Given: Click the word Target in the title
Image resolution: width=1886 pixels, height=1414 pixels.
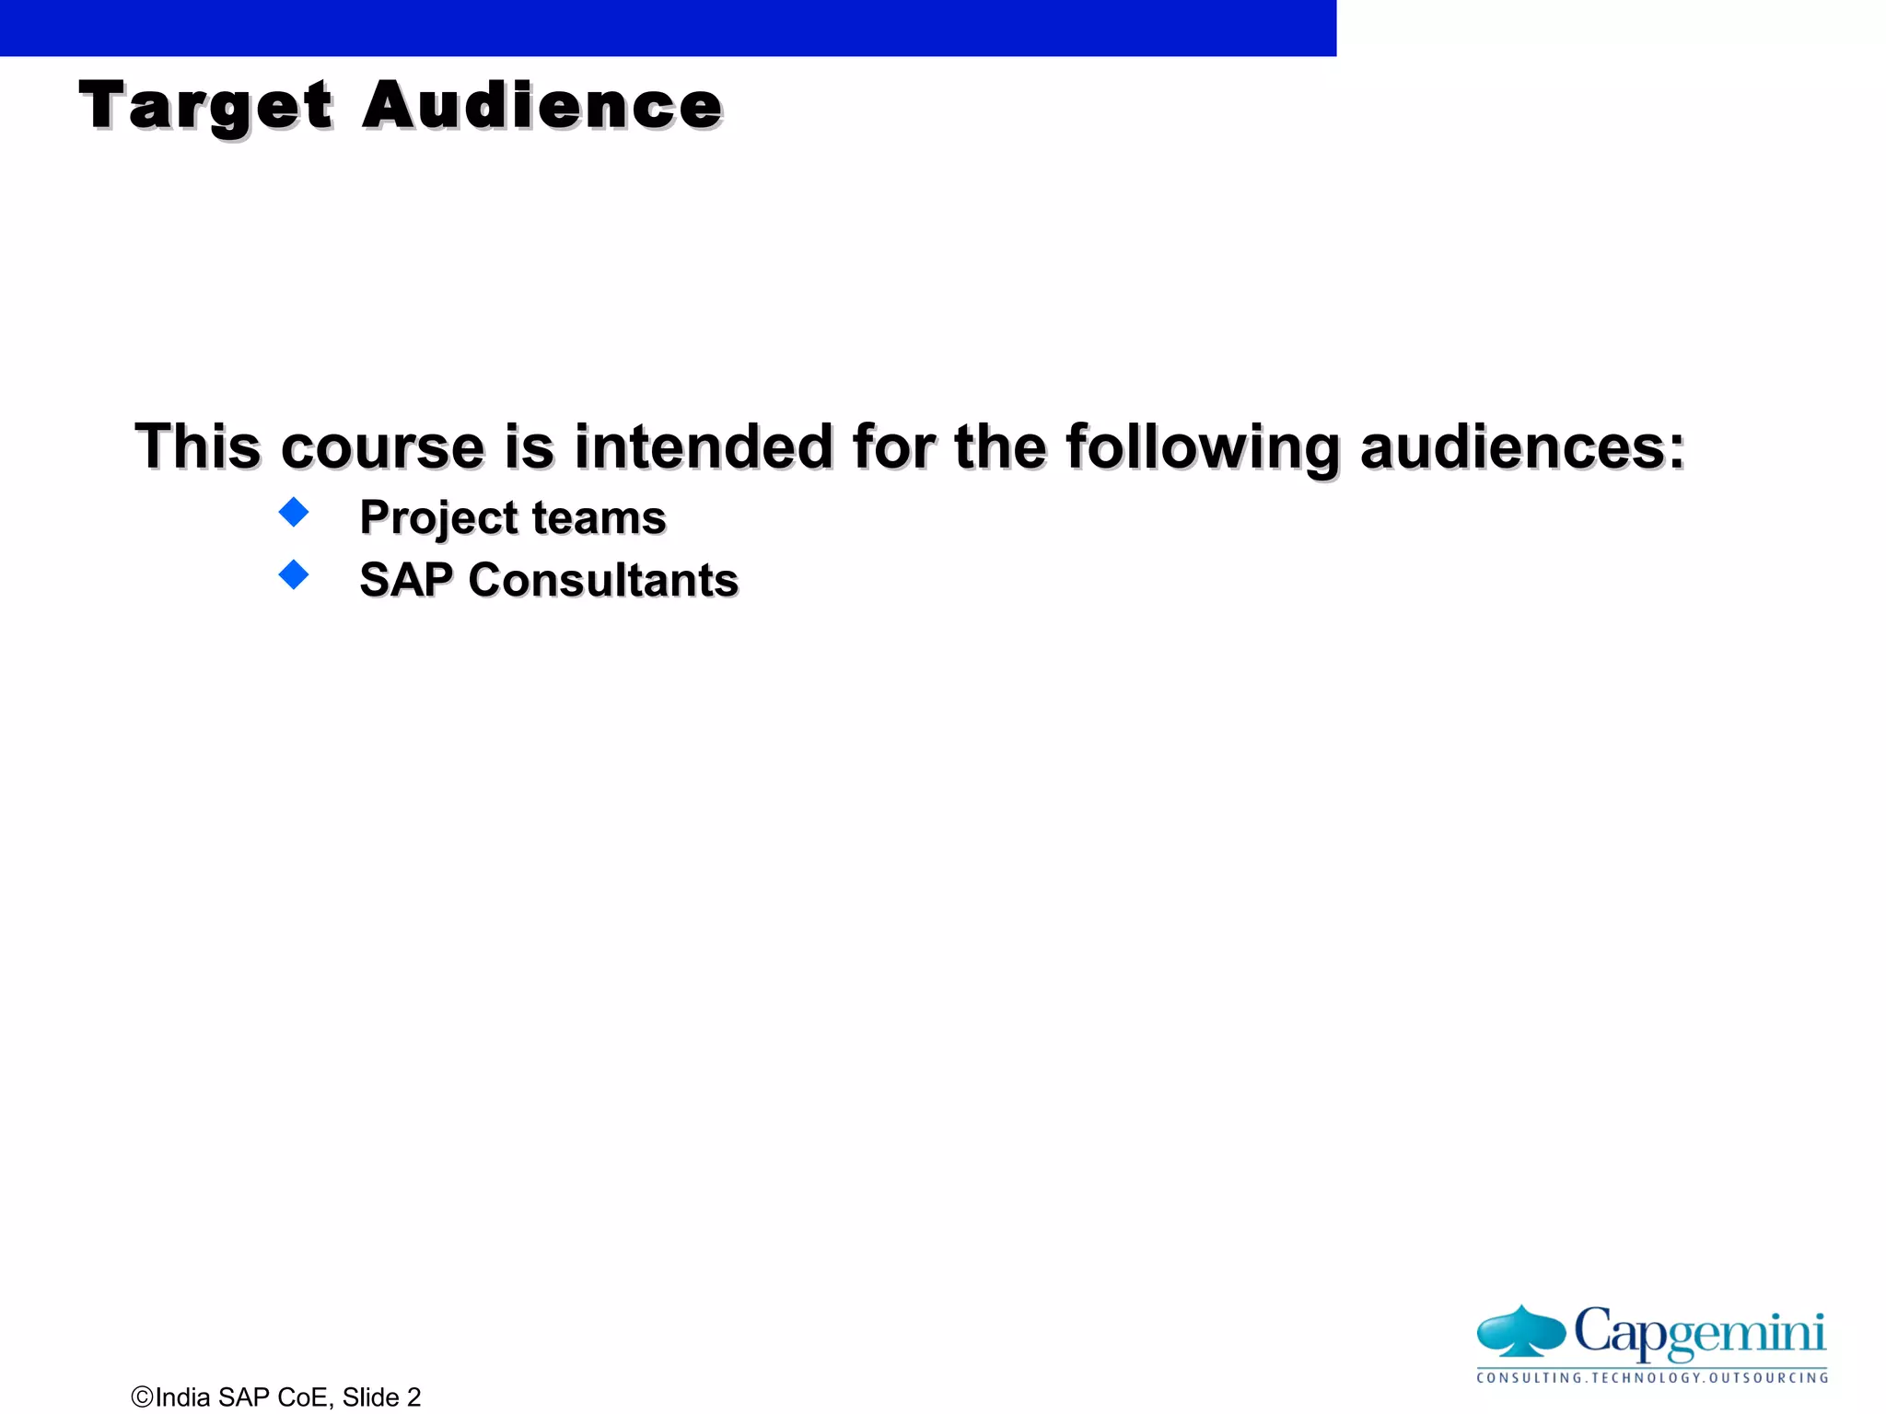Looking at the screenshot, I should [205, 107].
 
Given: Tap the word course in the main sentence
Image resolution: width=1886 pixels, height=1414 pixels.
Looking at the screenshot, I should [382, 447].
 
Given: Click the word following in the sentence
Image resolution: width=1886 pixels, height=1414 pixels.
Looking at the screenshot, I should [1202, 449].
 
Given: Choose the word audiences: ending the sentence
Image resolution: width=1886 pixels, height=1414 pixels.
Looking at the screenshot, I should [1522, 447].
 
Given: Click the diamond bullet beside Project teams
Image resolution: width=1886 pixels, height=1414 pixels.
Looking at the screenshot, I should [294, 512].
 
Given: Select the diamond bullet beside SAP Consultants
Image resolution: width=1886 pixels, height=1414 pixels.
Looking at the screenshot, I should [294, 574].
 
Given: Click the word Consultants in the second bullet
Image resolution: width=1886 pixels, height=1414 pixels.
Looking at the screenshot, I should [603, 581].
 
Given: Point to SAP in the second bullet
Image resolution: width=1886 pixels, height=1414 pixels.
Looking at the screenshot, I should [406, 581].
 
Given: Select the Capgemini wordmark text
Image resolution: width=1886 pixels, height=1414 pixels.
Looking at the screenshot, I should [1699, 1331].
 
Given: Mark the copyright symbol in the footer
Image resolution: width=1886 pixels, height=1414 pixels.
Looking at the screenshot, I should [142, 1397].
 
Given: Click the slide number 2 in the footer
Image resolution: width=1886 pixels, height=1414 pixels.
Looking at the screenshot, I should [413, 1397].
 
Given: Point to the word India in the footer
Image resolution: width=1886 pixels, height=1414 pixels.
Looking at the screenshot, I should [183, 1397].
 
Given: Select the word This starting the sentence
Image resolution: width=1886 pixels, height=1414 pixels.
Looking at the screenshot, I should [198, 447].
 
